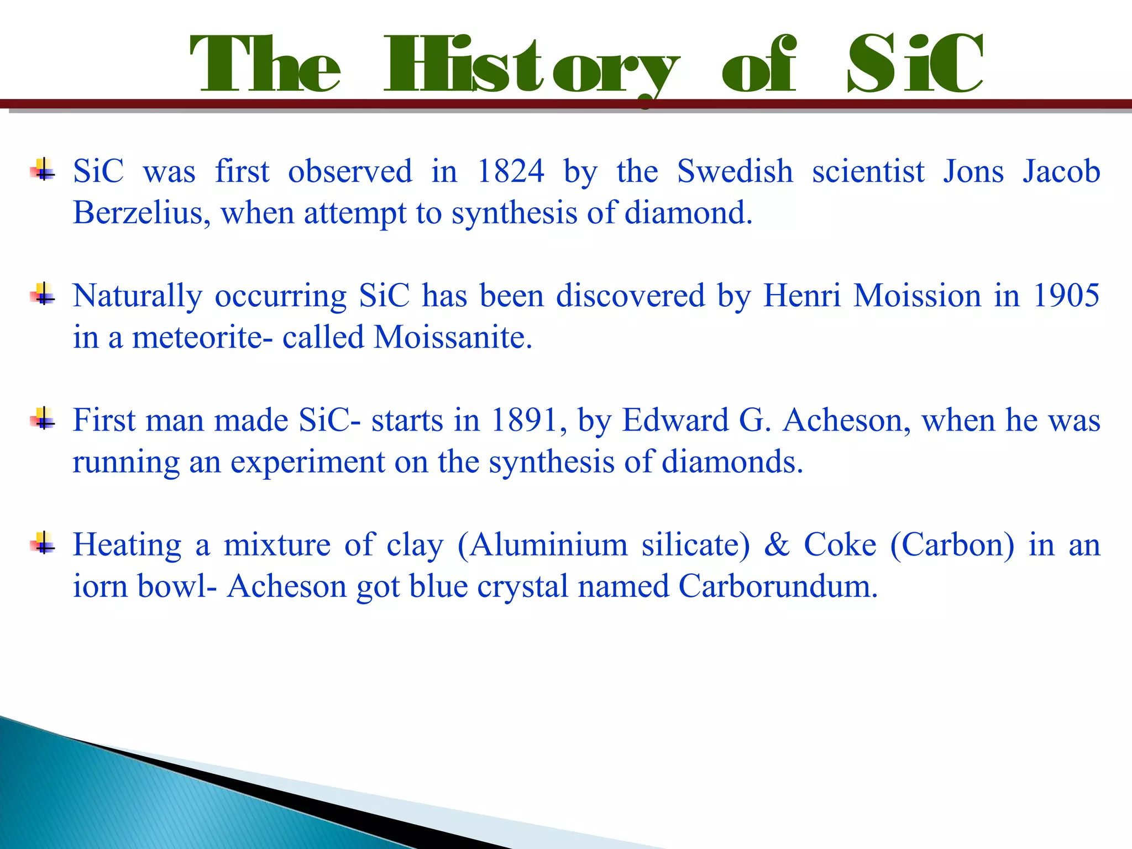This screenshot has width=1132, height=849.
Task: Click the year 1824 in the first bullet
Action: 510,171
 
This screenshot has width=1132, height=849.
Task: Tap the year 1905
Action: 1066,296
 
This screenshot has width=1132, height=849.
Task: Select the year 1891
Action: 524,421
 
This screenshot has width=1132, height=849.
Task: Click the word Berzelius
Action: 141,213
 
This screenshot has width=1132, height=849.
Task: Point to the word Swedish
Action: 735,171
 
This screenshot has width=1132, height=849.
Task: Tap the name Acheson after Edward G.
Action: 846,421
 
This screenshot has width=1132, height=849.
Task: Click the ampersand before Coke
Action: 777,545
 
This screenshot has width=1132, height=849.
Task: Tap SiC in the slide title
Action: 914,64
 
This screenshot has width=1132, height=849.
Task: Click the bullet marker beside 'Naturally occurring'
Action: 43,294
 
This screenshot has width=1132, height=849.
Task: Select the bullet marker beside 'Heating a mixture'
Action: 43,542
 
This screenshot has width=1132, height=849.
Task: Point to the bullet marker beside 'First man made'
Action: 43,418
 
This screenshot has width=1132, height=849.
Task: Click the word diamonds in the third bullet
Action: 732,462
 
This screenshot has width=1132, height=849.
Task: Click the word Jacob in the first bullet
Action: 1061,171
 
